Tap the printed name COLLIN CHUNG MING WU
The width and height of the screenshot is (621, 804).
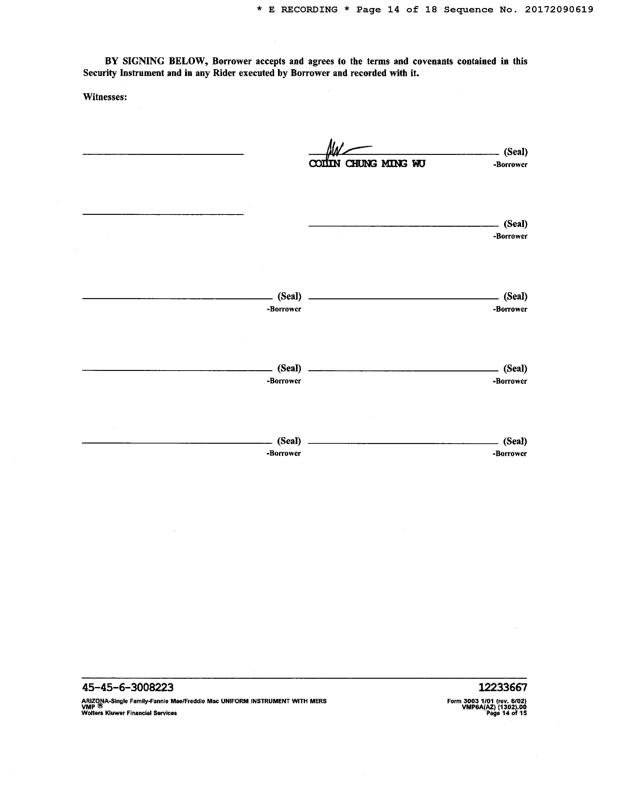click(367, 164)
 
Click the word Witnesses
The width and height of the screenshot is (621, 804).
click(105, 97)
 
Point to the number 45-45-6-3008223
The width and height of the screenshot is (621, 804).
click(128, 687)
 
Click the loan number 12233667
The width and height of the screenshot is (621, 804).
click(503, 687)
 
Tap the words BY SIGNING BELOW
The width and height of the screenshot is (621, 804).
click(154, 61)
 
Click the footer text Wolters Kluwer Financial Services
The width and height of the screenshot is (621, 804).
click(129, 713)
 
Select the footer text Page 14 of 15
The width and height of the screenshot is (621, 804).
click(507, 713)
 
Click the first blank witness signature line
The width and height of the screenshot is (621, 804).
click(163, 154)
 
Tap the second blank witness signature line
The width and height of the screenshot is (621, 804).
click(163, 214)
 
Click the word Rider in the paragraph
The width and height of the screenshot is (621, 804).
click(225, 73)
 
